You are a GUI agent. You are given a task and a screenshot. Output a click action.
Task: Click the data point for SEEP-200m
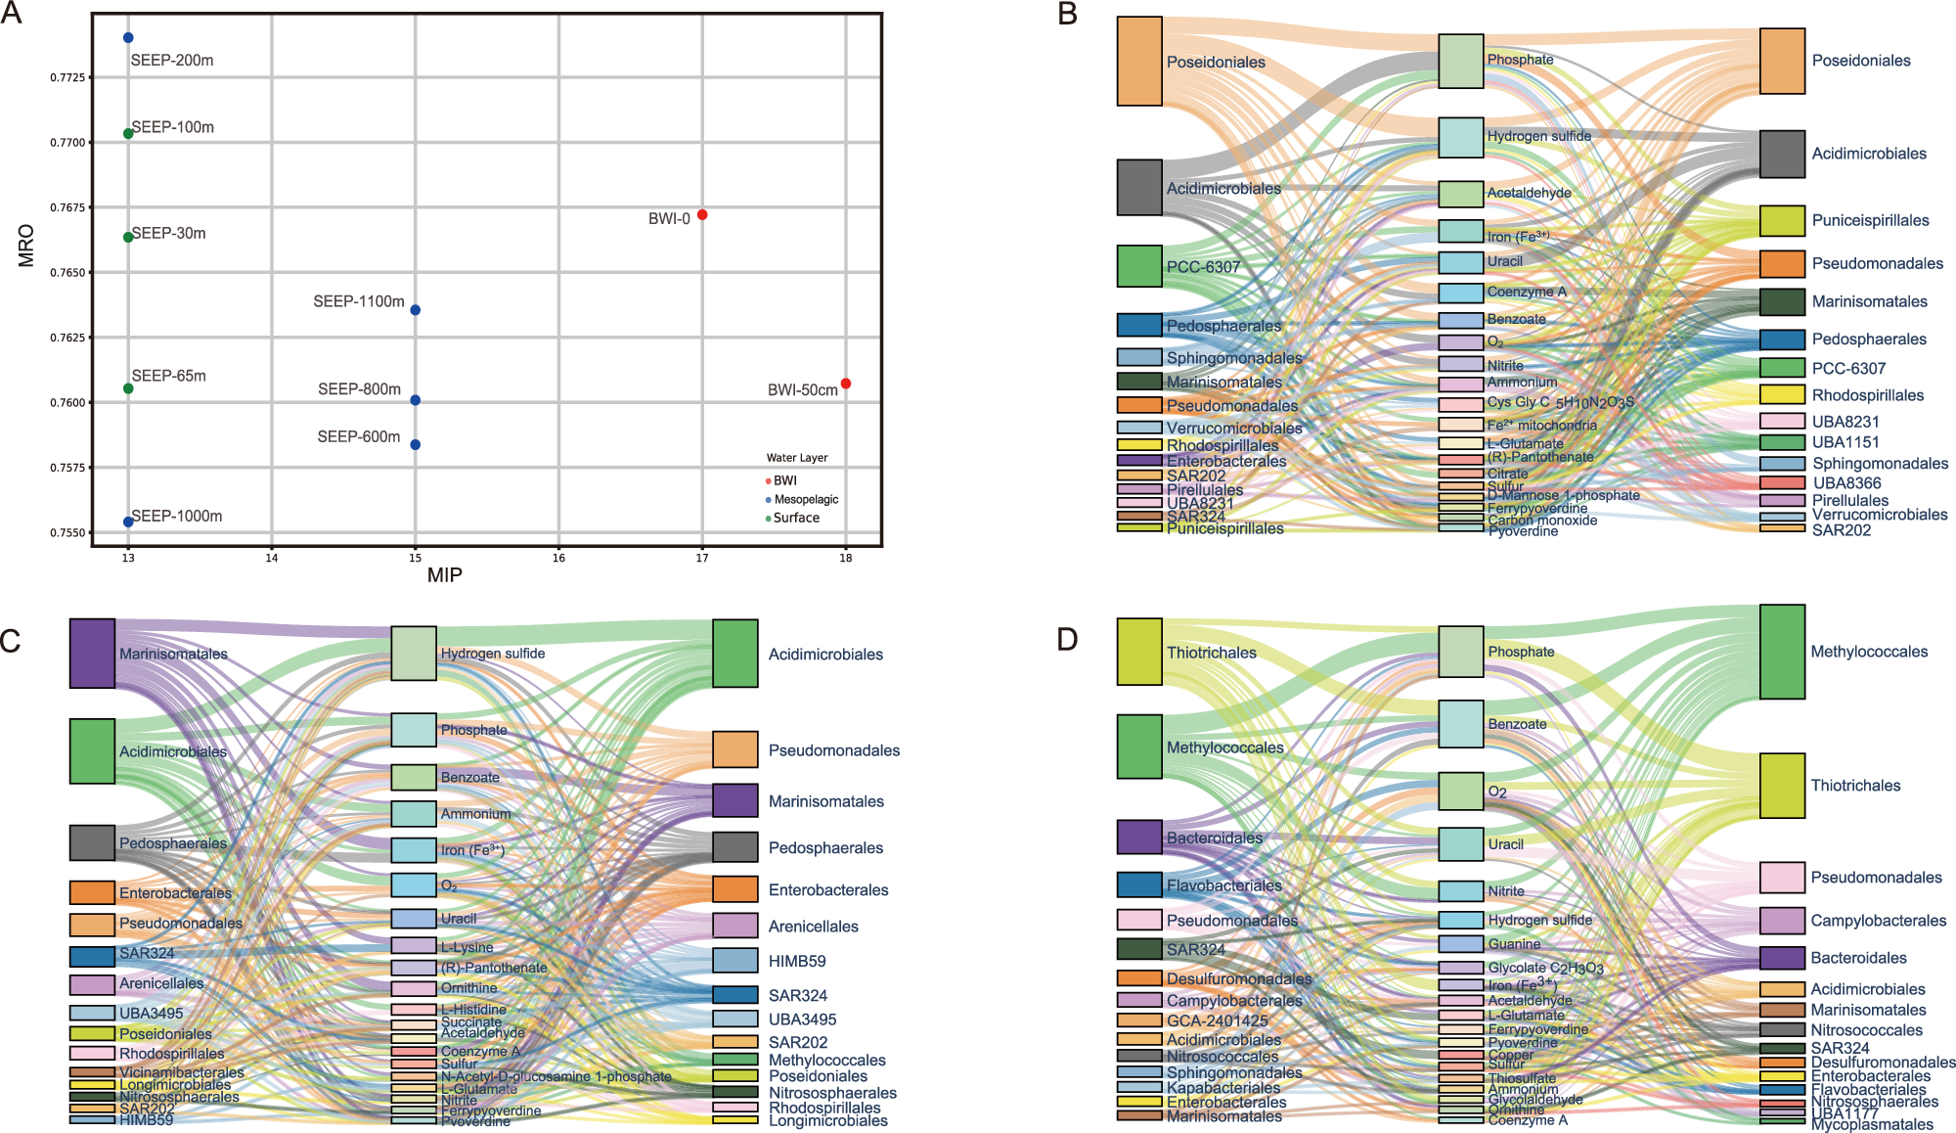point(128,38)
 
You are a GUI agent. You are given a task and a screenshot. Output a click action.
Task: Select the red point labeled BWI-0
point(702,214)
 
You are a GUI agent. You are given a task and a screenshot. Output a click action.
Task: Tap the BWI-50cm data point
point(846,384)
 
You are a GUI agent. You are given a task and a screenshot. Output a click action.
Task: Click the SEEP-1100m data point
point(416,310)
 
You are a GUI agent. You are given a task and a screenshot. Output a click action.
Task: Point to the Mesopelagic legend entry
point(806,500)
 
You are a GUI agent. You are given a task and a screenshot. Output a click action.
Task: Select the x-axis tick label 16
point(558,559)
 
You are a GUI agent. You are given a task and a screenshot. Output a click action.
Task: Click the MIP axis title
point(445,575)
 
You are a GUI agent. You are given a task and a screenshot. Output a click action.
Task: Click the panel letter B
point(1068,14)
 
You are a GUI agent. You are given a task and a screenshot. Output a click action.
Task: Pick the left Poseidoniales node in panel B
point(1139,61)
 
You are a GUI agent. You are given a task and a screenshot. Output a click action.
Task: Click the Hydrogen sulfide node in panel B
point(1461,137)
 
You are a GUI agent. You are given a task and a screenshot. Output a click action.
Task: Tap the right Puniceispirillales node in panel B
point(1782,221)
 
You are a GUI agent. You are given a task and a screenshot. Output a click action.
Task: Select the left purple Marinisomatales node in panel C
point(92,653)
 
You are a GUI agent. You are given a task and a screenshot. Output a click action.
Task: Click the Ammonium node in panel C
point(414,814)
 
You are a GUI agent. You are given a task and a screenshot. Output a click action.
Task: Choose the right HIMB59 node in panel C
point(735,961)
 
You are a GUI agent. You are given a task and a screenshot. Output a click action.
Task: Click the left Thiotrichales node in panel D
point(1139,652)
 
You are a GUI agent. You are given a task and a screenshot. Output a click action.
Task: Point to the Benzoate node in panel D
point(1461,724)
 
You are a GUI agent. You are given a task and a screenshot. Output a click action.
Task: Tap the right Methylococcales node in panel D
point(1782,652)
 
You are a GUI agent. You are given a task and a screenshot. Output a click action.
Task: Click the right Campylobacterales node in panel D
point(1782,921)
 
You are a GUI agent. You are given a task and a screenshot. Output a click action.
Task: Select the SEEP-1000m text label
point(177,517)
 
